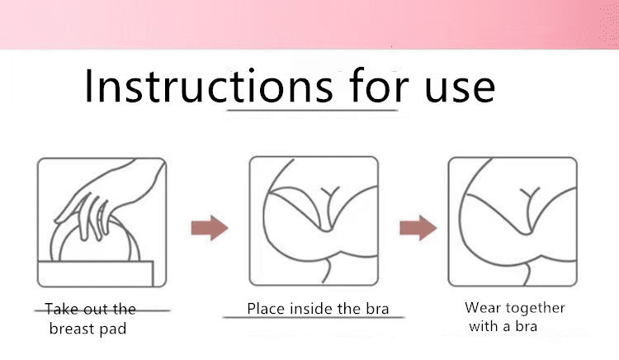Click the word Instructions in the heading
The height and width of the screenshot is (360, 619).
[x=209, y=86]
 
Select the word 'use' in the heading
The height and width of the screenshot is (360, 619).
[x=460, y=89]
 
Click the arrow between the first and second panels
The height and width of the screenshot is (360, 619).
[x=210, y=228]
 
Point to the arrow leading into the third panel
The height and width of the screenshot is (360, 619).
[x=418, y=228]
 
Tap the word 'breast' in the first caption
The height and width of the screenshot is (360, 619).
[x=72, y=329]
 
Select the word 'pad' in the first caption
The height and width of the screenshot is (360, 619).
[x=113, y=329]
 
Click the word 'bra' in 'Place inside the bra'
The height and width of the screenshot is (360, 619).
[x=377, y=309]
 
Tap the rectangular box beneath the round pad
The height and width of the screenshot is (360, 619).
[x=96, y=273]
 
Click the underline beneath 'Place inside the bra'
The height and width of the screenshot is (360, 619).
[x=314, y=317]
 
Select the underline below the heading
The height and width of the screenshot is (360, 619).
[x=312, y=110]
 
